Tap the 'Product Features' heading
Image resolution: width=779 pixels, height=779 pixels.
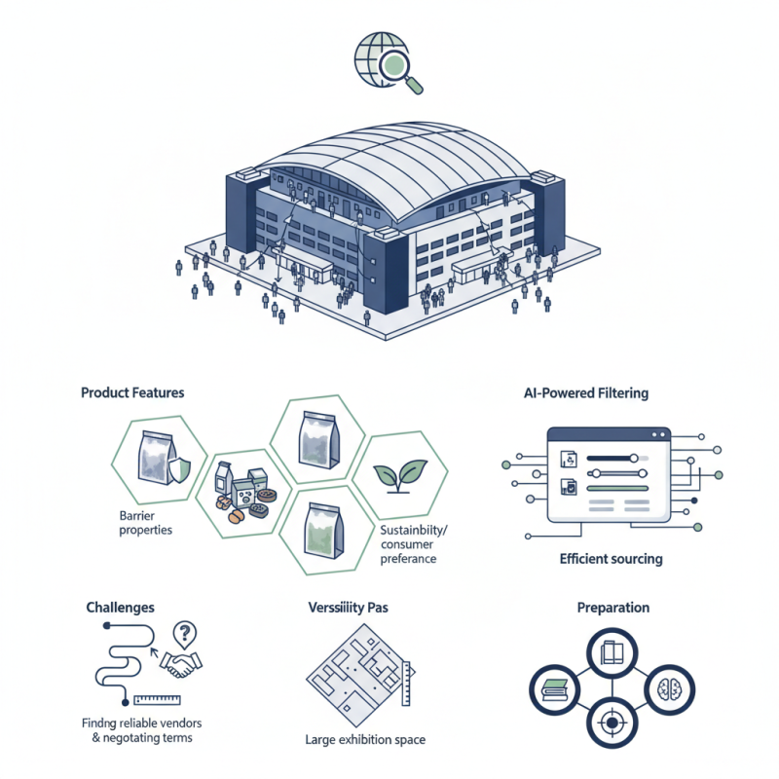pos(132,392)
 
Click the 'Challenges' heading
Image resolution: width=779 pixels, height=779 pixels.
pos(121,607)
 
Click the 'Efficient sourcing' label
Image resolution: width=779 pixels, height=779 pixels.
pos(612,559)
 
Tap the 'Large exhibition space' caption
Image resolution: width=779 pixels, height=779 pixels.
pos(365,740)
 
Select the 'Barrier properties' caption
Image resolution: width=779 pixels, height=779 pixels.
pos(146,523)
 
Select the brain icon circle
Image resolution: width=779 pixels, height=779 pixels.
pos(671,686)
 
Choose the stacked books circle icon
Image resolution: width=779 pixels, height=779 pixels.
pos(554,687)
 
